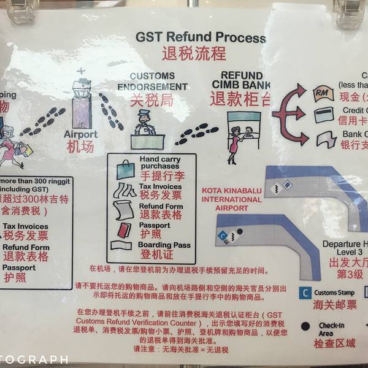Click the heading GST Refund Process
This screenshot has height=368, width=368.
pos(201,36)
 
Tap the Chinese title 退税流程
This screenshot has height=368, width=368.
pos(193,53)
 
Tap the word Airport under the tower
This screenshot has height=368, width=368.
pos(80,134)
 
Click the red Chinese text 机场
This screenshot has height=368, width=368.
pos(80,147)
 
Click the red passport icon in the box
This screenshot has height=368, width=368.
pos(124,229)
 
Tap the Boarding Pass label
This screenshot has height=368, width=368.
pos(165,245)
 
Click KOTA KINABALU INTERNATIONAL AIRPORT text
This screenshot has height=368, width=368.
pos(231,199)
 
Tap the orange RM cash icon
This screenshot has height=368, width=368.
pos(323,93)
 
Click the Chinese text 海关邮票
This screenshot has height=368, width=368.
pos(335,305)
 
